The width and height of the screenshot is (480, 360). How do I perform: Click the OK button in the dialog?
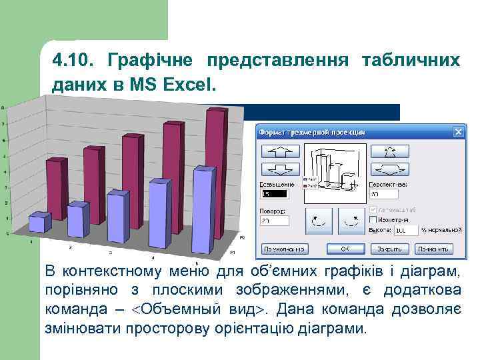pos(344,249)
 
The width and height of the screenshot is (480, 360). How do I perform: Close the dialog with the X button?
pos(458,131)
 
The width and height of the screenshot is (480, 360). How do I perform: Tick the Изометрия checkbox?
pos(373,219)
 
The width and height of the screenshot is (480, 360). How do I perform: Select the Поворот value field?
pos(274,220)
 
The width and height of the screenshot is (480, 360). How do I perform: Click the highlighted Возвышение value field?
pos(273,194)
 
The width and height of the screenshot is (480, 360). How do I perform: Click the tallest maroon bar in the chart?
pos(215,167)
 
